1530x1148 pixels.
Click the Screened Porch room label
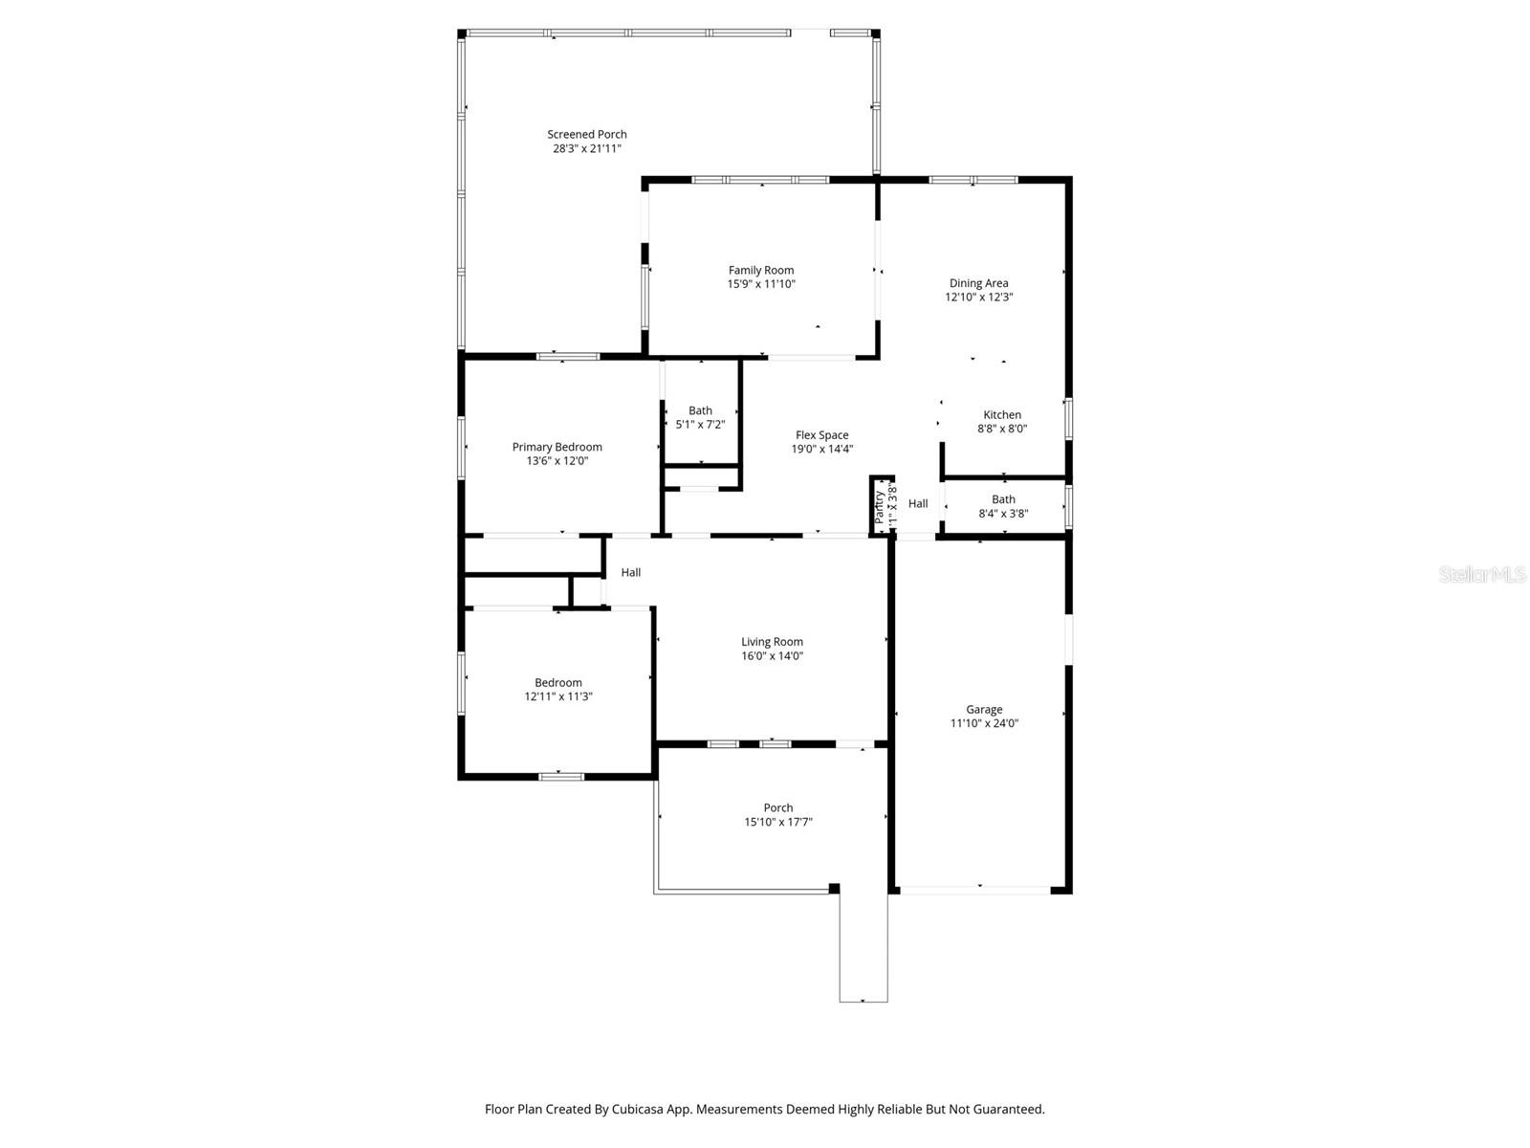[x=586, y=135]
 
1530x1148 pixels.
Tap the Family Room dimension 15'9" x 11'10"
[x=761, y=284]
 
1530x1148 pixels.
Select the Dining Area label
[x=978, y=283]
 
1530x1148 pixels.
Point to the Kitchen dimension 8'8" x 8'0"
[x=1002, y=429]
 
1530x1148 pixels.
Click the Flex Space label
[x=821, y=435]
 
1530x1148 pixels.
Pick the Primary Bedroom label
[x=557, y=447]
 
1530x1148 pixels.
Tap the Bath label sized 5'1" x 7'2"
[x=700, y=410]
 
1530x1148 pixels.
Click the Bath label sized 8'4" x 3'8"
[x=1003, y=499]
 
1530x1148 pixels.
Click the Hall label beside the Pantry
[x=918, y=504]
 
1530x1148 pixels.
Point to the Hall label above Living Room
[x=631, y=573]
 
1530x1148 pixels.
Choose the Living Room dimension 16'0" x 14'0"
[x=772, y=656]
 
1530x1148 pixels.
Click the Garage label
[x=984, y=710]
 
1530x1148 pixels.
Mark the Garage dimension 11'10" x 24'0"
[x=984, y=723]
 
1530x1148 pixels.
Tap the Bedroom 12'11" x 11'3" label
[x=558, y=683]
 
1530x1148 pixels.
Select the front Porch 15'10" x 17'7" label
[x=777, y=808]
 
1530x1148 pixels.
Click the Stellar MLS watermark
[x=1481, y=575]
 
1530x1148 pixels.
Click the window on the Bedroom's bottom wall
[x=561, y=776]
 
